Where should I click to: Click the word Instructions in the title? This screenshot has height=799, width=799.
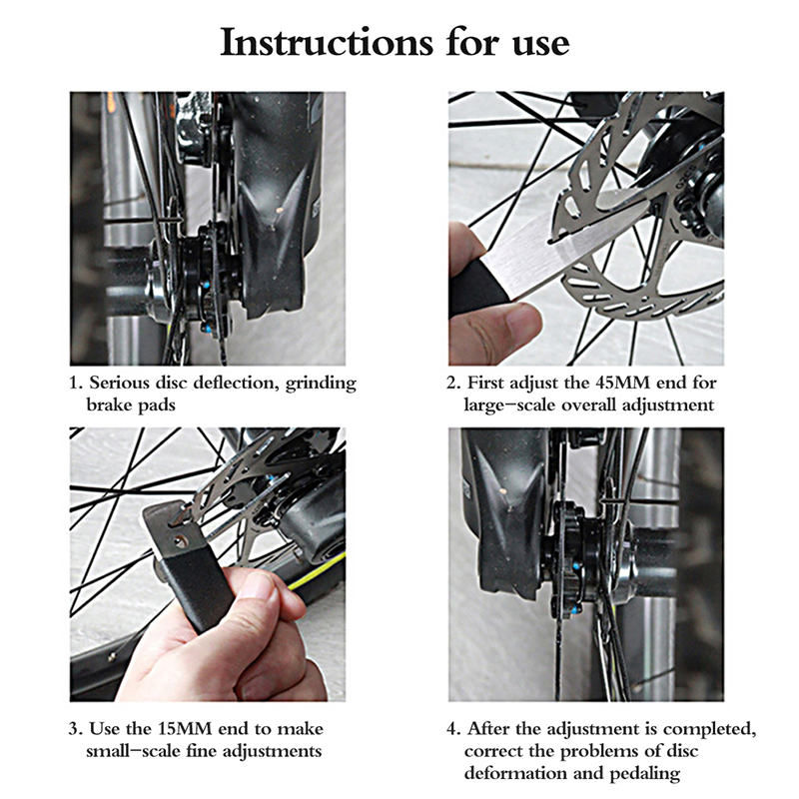[327, 43]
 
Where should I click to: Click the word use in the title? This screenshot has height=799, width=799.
[540, 44]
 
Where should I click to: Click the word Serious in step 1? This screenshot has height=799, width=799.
[119, 383]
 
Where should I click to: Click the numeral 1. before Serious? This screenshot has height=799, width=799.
[76, 384]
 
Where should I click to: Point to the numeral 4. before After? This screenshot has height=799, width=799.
[453, 729]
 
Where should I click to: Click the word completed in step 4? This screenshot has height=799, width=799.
[710, 729]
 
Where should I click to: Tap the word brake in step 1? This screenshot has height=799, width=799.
[109, 405]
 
